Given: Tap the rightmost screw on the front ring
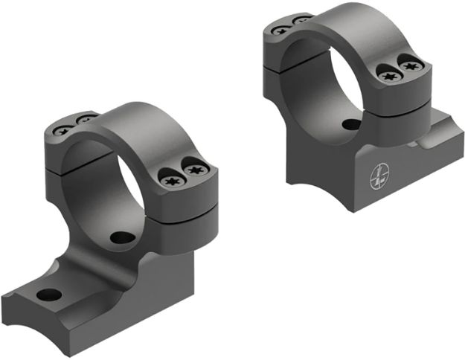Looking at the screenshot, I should coord(196,171).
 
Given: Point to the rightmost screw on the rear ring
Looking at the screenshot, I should coord(408,66).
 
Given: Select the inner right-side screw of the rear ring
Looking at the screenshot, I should coord(387,74).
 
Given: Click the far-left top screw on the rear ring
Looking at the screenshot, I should coord(281,30).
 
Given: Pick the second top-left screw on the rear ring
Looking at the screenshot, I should coord(302,20).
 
